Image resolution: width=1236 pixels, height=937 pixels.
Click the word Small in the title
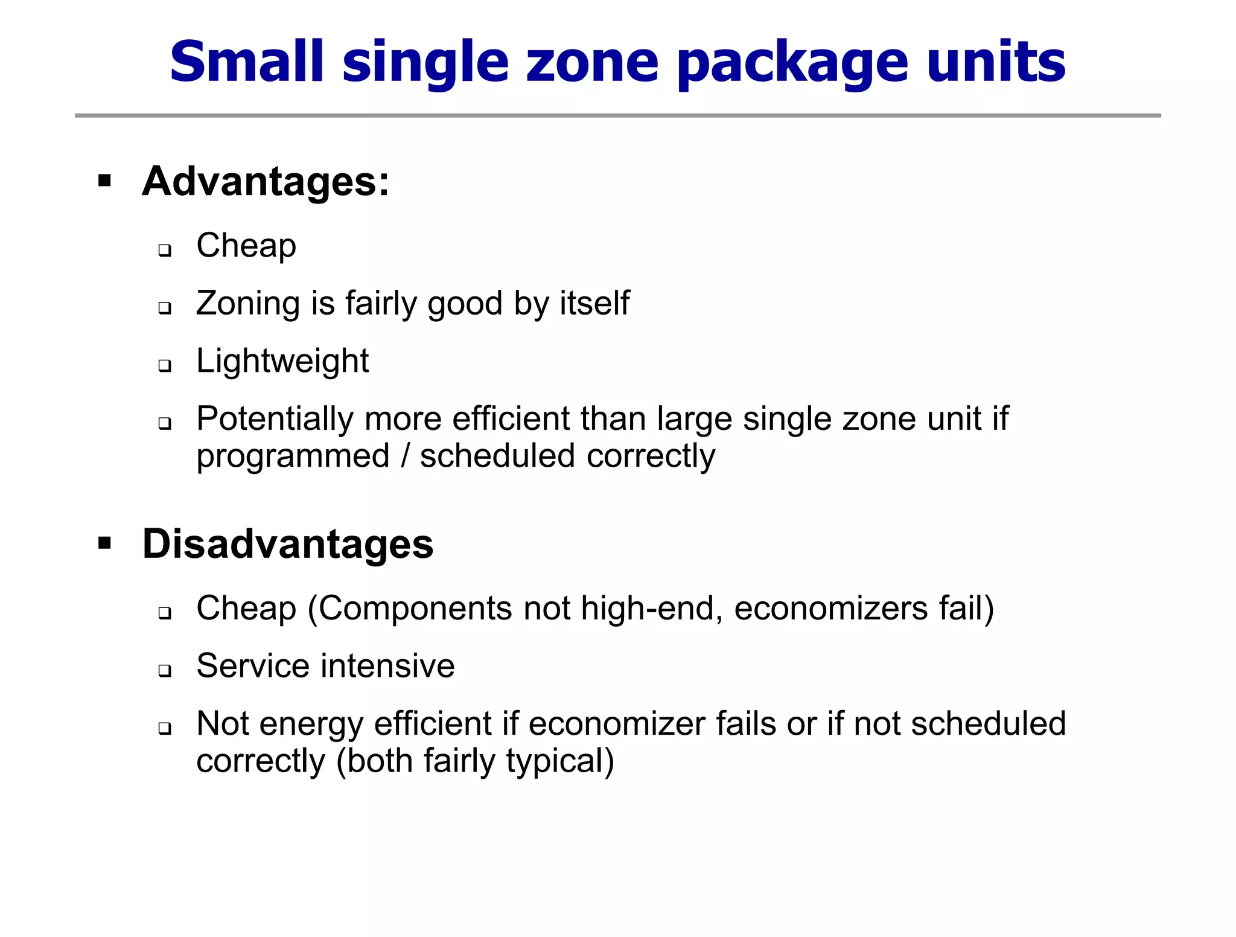(x=247, y=62)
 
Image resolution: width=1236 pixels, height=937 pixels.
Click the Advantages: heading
(x=266, y=181)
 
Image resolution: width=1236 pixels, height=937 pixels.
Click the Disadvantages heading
(x=288, y=543)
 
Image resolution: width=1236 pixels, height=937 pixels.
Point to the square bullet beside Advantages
(x=105, y=181)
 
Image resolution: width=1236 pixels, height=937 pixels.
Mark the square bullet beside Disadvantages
(x=105, y=543)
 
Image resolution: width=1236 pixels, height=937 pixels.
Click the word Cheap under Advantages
(x=246, y=246)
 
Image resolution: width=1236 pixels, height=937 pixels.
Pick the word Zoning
(x=248, y=303)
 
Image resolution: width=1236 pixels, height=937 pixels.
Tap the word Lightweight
(x=282, y=361)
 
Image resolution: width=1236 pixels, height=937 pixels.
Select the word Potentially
(x=275, y=418)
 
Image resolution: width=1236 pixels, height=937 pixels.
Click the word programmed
(x=293, y=456)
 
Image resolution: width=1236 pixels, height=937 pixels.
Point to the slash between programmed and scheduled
(x=405, y=456)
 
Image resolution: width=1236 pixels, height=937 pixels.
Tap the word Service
(x=253, y=666)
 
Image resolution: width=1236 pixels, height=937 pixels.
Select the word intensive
(x=388, y=666)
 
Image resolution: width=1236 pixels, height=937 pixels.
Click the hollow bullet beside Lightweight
(x=164, y=366)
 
